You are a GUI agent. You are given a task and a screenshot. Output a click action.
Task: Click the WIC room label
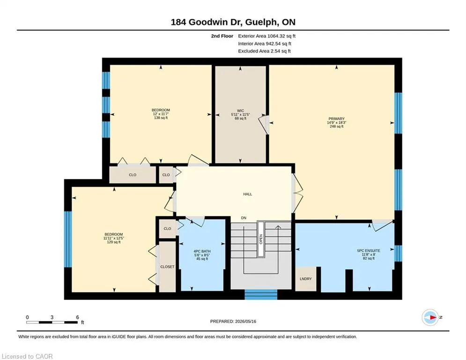coord(240,111)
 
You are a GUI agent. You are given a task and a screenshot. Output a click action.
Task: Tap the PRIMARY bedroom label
coord(336,119)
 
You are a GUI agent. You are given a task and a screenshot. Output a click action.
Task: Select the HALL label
coord(248,194)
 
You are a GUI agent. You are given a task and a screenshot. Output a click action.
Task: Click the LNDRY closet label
coord(305,279)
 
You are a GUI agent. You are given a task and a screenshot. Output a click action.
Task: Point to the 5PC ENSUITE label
coord(369,251)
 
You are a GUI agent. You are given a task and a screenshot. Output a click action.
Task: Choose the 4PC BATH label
coord(202,251)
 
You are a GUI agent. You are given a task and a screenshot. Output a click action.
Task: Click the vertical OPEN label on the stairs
coord(261,239)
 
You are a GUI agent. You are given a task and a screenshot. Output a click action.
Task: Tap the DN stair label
coord(244,218)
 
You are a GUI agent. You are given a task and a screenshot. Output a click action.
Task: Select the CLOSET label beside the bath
coord(167,267)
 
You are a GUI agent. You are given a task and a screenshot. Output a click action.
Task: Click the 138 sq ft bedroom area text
coord(161,118)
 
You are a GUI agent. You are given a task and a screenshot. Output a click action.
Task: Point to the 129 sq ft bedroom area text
coord(114,242)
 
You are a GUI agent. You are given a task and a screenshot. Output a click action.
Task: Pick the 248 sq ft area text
coord(336,127)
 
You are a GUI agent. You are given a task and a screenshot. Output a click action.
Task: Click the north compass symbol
coord(430,317)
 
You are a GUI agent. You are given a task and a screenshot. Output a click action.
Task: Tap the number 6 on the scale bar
coord(78,317)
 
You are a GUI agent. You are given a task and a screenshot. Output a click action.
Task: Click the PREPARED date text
coord(233,321)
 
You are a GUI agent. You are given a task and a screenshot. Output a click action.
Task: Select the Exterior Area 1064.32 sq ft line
coord(267,36)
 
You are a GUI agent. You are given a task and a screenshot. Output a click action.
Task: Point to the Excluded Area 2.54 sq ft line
coord(265,51)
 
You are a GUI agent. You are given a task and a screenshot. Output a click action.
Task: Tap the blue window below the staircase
coord(261,294)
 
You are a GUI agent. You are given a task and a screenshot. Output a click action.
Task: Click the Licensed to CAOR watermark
coord(27,356)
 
